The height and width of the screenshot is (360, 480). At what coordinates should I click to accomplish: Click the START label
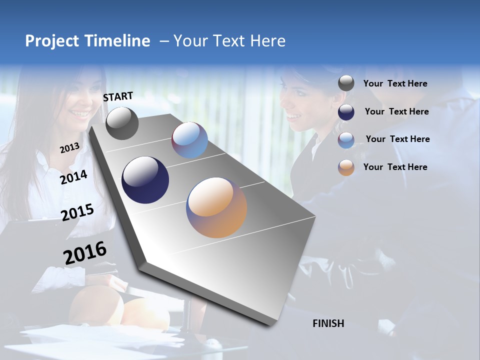(118, 96)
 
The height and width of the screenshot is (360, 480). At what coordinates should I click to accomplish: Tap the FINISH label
(328, 323)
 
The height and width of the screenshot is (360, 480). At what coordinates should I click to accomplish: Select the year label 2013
(69, 147)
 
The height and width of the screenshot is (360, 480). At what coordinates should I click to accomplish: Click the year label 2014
(73, 177)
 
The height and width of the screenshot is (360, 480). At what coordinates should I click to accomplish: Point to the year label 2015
(77, 212)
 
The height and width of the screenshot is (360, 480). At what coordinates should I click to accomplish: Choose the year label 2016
(85, 253)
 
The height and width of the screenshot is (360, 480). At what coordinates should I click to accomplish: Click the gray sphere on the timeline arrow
(122, 123)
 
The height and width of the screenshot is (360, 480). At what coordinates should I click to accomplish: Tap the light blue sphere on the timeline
(189, 140)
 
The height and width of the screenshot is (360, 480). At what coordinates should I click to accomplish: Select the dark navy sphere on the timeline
(145, 180)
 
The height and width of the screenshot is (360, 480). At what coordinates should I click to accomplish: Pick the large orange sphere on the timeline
(216, 207)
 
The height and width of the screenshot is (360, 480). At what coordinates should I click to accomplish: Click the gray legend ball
(346, 83)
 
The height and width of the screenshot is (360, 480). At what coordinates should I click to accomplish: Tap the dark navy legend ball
(346, 112)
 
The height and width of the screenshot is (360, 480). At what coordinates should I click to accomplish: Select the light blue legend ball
(346, 140)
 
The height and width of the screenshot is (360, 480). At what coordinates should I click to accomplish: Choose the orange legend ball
(346, 167)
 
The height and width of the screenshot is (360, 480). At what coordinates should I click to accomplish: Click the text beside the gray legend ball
(395, 84)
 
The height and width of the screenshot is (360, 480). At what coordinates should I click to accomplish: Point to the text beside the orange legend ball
(395, 167)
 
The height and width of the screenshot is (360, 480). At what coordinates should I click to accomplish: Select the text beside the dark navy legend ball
(396, 111)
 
